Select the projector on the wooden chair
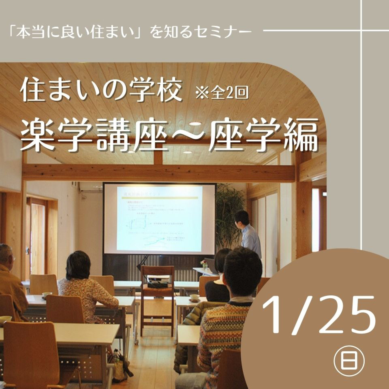[158, 280]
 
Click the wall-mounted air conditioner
[90, 187]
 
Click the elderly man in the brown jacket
[10, 280]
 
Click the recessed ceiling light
[187, 152]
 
